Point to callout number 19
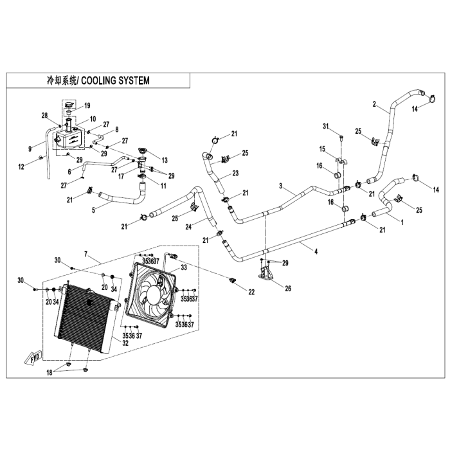(x=87, y=105)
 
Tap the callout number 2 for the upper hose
(x=374, y=104)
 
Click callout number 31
(x=325, y=125)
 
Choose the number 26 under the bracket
(x=288, y=289)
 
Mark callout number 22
(x=250, y=292)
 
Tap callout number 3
(x=281, y=185)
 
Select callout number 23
(x=235, y=173)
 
